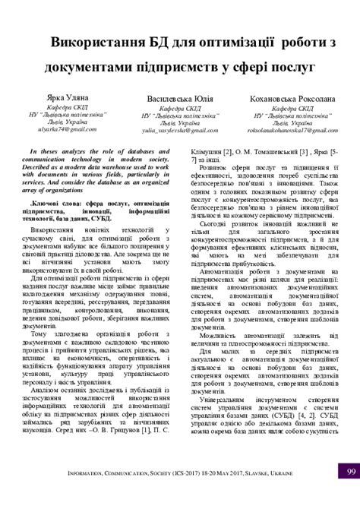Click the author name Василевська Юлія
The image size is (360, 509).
[x=179, y=100]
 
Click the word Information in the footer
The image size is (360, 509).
[x=101, y=494]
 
